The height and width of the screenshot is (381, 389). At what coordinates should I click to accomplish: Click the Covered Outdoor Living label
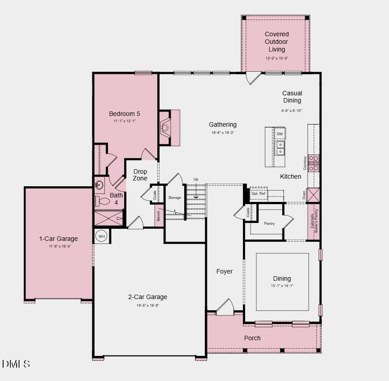tap(277, 42)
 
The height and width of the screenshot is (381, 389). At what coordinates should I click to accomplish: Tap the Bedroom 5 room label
tap(125, 114)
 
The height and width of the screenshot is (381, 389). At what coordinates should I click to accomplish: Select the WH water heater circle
tap(102, 236)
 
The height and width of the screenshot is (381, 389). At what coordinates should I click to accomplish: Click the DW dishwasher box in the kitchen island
tap(280, 134)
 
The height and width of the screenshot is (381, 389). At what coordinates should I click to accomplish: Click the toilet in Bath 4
tap(102, 201)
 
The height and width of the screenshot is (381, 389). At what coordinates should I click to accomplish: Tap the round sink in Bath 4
tap(99, 184)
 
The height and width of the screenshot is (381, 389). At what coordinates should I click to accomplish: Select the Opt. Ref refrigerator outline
tap(258, 194)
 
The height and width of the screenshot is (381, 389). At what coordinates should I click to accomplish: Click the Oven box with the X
tap(314, 195)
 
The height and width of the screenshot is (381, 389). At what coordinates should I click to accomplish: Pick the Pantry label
tap(269, 223)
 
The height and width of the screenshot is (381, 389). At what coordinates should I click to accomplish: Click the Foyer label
tap(225, 271)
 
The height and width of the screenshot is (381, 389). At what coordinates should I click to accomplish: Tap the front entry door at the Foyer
tap(225, 308)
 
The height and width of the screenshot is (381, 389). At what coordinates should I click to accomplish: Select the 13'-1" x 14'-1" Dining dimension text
tap(282, 286)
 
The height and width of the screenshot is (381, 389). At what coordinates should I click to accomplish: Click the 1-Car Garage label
tap(58, 239)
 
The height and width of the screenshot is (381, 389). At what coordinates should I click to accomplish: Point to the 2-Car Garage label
tap(147, 297)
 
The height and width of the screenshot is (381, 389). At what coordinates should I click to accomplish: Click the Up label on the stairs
tap(196, 180)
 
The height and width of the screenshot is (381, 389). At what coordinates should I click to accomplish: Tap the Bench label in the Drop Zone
tap(159, 216)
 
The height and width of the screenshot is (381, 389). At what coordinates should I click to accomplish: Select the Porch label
tap(252, 338)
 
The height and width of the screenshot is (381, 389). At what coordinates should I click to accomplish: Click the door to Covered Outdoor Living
tap(253, 77)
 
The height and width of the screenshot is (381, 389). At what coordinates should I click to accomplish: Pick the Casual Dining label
tap(292, 97)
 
